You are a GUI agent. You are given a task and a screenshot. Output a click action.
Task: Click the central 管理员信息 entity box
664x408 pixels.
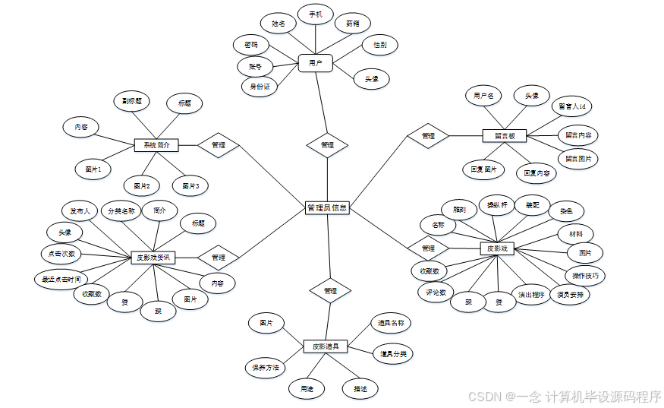point(327,207)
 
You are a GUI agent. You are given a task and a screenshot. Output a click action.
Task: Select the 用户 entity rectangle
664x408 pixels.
point(315,63)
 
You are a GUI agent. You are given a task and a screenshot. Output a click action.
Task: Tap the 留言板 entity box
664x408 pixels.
point(505,136)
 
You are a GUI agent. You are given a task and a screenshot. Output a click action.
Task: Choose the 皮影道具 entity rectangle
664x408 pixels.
point(325,346)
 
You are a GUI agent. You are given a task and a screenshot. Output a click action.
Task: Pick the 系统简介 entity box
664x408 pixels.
point(156,144)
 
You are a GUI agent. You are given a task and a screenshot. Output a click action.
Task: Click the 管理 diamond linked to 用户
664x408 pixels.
point(327,144)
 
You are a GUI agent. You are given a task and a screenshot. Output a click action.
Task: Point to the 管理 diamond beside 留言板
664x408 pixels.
point(428,136)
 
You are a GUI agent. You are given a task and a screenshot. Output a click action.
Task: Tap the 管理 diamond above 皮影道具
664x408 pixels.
point(330,290)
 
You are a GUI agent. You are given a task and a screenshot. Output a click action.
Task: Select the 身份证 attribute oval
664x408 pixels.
point(260,87)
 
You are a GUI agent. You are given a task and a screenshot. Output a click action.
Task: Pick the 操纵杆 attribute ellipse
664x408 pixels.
point(497,205)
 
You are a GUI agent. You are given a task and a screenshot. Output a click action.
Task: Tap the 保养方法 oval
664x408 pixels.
point(266,368)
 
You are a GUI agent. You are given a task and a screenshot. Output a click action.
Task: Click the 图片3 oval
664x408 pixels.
point(190,185)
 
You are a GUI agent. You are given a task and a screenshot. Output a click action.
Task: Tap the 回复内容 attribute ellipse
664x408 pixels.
point(536,173)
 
